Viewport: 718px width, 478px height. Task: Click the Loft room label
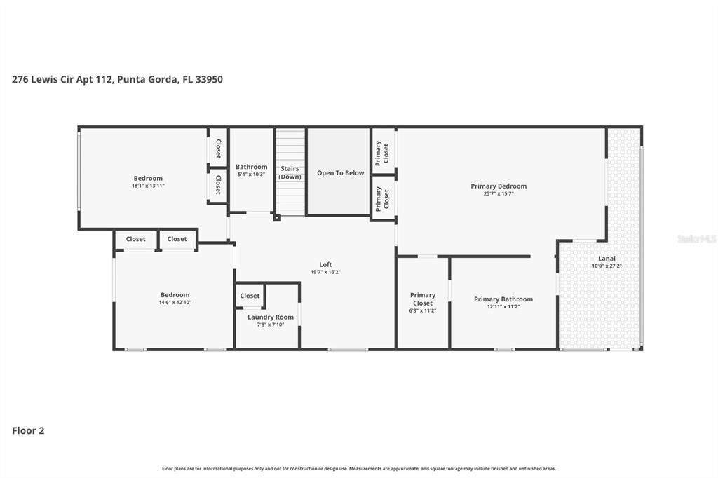(325, 265)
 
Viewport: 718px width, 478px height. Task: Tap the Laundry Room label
(271, 317)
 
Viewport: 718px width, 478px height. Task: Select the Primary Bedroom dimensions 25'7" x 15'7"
(499, 193)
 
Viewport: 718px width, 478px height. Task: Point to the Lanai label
(607, 258)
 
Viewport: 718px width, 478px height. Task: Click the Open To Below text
(341, 173)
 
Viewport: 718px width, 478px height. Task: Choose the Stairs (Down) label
(290, 172)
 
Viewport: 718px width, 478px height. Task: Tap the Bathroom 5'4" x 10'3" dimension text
(252, 175)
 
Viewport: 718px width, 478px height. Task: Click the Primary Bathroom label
(503, 299)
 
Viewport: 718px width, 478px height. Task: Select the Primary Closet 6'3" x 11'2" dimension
(423, 310)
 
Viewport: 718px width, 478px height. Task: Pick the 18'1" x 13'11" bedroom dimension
(148, 186)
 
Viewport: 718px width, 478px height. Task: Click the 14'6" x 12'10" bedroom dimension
(175, 302)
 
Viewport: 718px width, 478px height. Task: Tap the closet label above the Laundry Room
(250, 296)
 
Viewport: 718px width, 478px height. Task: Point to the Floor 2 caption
(28, 430)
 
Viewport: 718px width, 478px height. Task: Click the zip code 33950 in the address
(209, 79)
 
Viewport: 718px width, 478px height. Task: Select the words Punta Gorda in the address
(147, 80)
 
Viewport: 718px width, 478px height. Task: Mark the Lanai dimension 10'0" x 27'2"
(607, 266)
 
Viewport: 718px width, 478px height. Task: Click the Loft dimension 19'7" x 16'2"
(325, 272)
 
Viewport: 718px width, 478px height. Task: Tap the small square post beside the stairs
(277, 217)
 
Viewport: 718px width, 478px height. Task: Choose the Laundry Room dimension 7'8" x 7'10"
(271, 325)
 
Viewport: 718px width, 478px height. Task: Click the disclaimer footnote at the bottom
(359, 468)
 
